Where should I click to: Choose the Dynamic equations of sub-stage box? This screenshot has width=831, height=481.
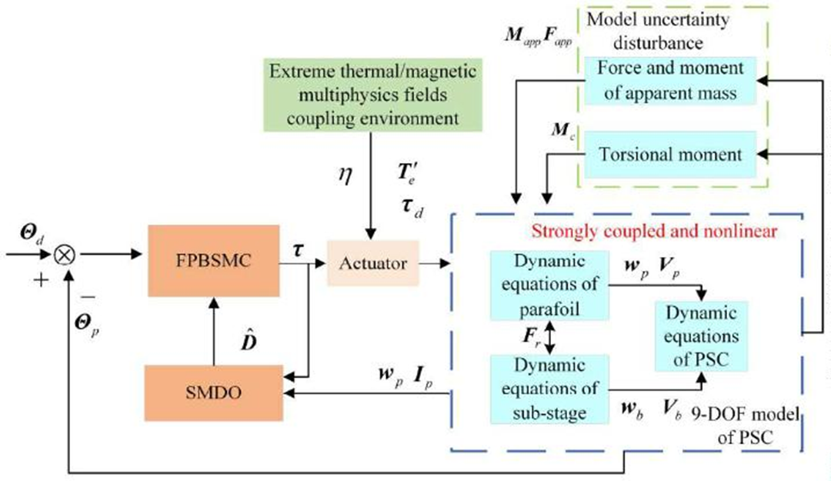point(547,388)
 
